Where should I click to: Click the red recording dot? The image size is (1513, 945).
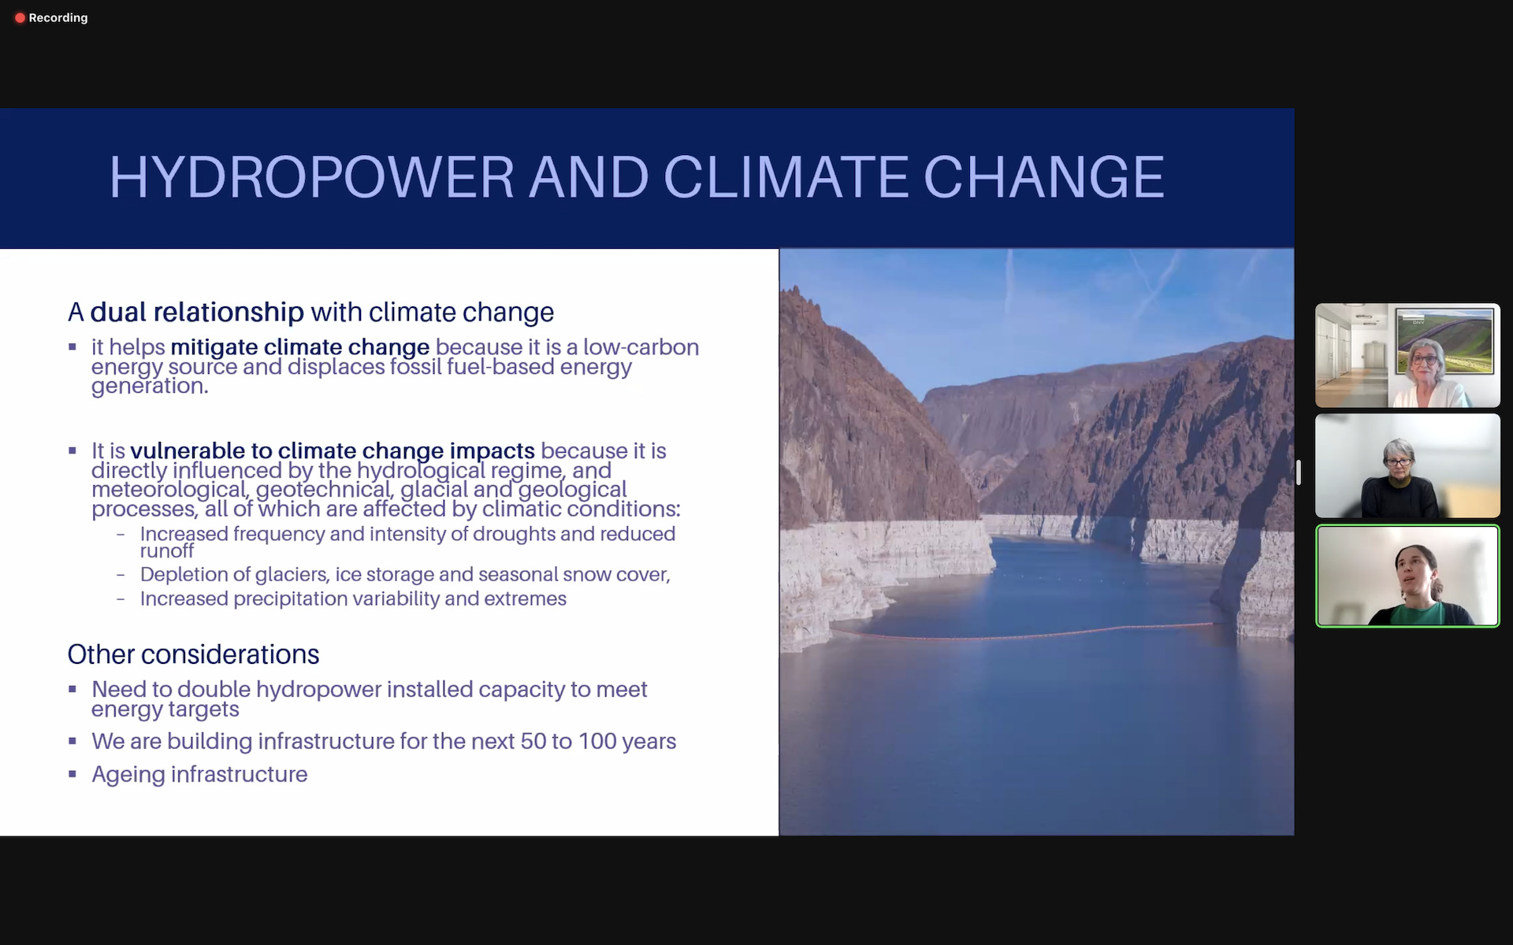[x=20, y=17]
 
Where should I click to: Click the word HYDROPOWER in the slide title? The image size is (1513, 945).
[x=312, y=176]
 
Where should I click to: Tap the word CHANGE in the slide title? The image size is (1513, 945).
[x=1043, y=176]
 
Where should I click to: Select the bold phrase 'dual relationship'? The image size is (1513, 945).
[x=197, y=312]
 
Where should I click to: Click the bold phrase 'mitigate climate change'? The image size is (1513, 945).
[x=300, y=347]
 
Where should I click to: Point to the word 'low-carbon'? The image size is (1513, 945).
[x=641, y=347]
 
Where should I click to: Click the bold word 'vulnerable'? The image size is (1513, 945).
[x=188, y=450]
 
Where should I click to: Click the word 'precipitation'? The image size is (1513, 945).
[x=291, y=599]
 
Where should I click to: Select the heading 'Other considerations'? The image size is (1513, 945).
[x=193, y=654]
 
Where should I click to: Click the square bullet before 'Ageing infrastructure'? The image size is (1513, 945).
[x=72, y=774]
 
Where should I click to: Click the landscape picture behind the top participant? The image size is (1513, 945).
[x=1444, y=340]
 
